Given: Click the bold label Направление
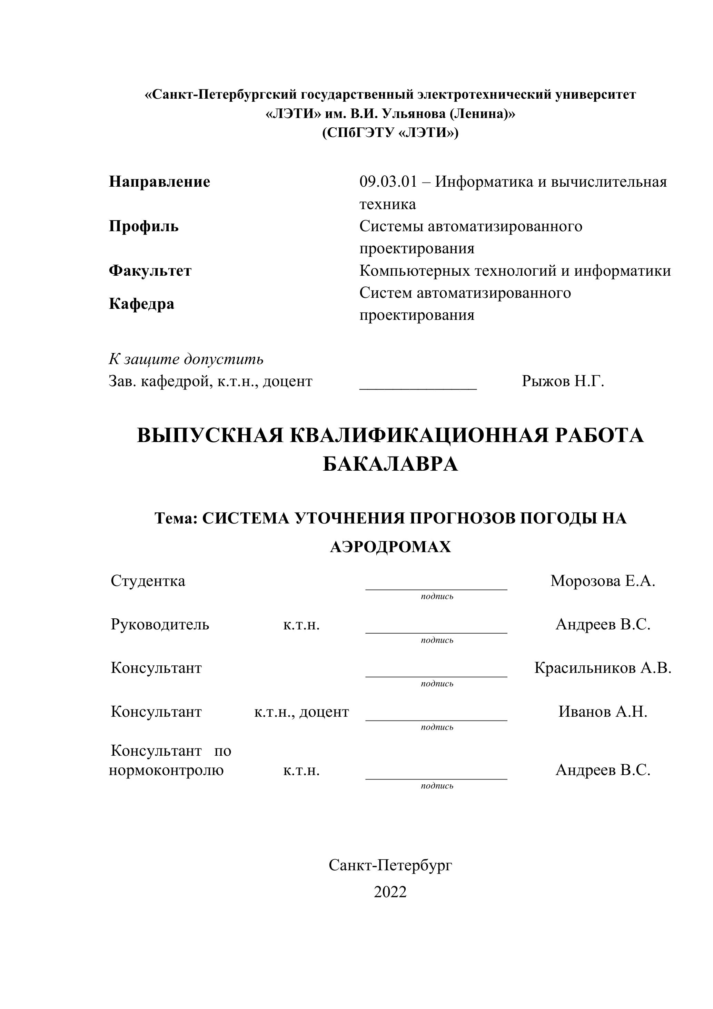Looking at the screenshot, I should [159, 182].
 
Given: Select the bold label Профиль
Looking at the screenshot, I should [143, 226].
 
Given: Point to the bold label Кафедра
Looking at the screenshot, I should [141, 304].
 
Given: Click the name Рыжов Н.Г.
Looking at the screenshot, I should [563, 381].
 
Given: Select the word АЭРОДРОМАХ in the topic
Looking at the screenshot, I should [390, 547].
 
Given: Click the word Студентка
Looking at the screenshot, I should [148, 581].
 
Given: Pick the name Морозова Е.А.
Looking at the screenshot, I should [603, 581].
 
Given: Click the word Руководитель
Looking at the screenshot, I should [160, 625].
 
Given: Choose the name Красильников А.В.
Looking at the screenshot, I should [603, 668].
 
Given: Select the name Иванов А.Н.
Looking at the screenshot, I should [603, 712].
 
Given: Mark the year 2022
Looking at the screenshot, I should [390, 892].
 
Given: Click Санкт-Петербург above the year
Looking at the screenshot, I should [390, 865].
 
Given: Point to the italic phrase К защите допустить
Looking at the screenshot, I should [186, 359].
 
